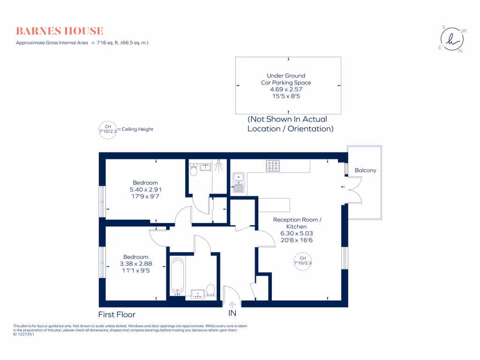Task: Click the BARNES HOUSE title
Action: click(60, 31)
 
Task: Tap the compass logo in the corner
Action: click(452, 39)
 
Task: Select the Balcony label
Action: click(365, 170)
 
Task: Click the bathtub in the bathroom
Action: click(177, 276)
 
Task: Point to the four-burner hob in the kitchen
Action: click(273, 165)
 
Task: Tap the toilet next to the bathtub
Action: click(210, 290)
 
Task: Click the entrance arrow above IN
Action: click(232, 305)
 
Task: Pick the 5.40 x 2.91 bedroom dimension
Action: click(145, 189)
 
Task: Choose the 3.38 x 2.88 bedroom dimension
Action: click(135, 263)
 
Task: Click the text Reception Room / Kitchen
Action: click(297, 223)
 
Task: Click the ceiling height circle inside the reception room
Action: click(302, 261)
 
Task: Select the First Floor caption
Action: click(117, 315)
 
